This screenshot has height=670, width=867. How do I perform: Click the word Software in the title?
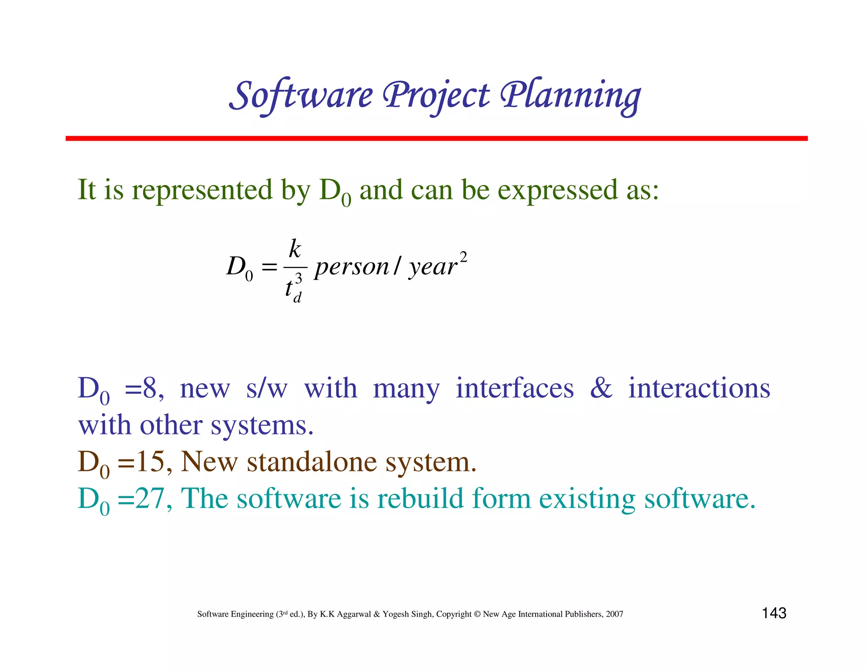coord(301,96)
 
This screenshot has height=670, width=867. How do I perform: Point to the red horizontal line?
coord(436,138)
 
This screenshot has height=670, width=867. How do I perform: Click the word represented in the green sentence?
coord(202,190)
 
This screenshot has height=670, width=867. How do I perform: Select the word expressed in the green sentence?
coord(558,190)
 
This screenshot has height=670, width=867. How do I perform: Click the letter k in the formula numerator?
coord(295,249)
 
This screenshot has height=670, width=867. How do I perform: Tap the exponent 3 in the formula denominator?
coord(299,279)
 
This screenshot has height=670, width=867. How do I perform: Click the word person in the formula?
coord(351,267)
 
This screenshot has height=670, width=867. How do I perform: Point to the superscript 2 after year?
coord(463,257)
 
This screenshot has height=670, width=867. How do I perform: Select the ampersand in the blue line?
coord(601,388)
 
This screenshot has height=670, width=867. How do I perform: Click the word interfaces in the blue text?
coord(515,388)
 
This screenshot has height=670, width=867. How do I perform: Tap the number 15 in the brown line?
coord(150,462)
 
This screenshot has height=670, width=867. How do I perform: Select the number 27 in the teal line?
coord(150,498)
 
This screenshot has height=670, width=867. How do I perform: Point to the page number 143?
coord(774,613)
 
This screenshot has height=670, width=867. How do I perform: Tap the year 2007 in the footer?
coord(614,614)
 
